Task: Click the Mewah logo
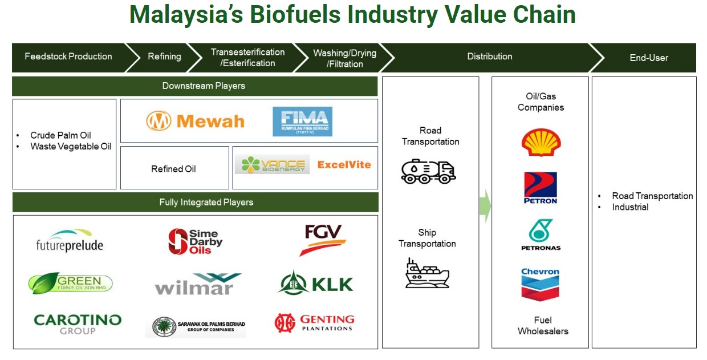pyautogui.click(x=195, y=121)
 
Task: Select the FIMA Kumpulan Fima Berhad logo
pyautogui.click(x=302, y=121)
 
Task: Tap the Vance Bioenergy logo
pyautogui.click(x=272, y=165)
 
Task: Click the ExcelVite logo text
pyautogui.click(x=344, y=165)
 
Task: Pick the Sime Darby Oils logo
pyautogui.click(x=195, y=241)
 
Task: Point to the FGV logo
pyautogui.click(x=322, y=240)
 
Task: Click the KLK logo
pyautogui.click(x=316, y=284)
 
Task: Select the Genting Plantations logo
pyautogui.click(x=314, y=323)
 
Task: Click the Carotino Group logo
pyautogui.click(x=78, y=323)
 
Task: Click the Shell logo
pyautogui.click(x=541, y=142)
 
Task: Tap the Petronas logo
pyautogui.click(x=541, y=234)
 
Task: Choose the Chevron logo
pyautogui.click(x=540, y=284)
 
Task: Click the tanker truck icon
pyautogui.click(x=428, y=171)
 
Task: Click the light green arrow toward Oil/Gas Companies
pyautogui.click(x=485, y=205)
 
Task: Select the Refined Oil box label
pyautogui.click(x=173, y=169)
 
